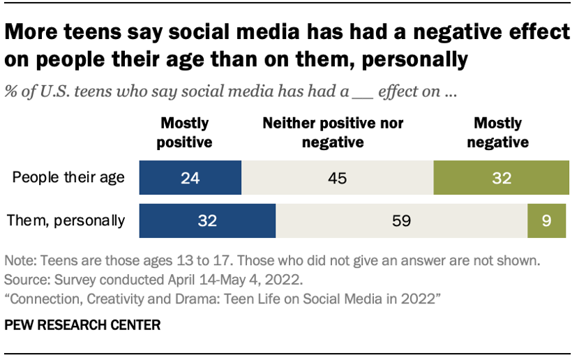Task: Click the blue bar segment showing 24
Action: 190,178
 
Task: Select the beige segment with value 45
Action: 338,178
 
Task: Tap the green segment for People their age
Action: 501,178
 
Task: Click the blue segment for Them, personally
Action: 207,221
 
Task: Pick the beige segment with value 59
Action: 401,221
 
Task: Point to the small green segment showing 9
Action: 547,221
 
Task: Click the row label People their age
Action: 68,177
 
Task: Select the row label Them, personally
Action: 66,221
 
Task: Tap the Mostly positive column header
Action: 185,133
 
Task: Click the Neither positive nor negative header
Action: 333,133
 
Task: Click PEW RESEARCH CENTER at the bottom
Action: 82,326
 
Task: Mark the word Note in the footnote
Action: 20,262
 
